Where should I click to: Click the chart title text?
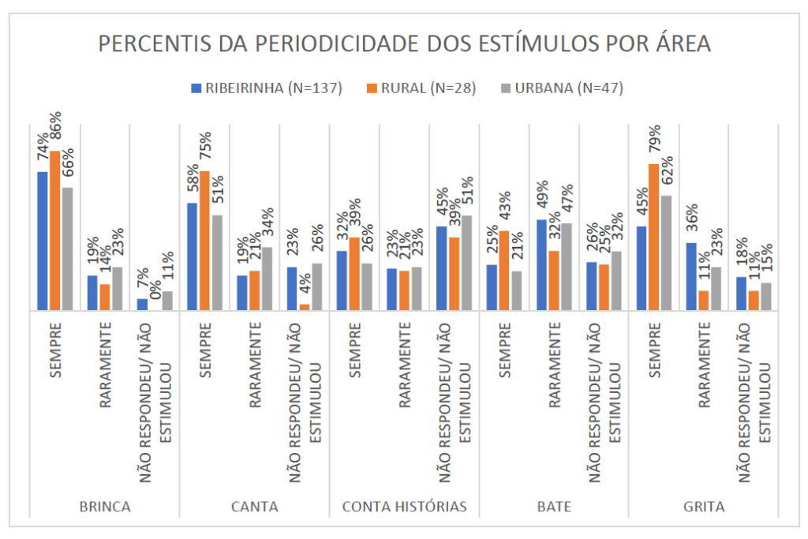click(404, 44)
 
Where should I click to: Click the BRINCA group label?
click(105, 507)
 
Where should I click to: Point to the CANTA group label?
click(254, 507)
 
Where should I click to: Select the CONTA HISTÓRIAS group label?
click(405, 507)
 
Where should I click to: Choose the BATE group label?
click(553, 507)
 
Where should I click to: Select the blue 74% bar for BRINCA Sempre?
click(43, 241)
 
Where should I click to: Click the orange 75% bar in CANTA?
click(204, 241)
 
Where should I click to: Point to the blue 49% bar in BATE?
click(541, 265)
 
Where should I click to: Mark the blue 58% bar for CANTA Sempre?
click(193, 256)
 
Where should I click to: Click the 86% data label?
click(55, 133)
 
